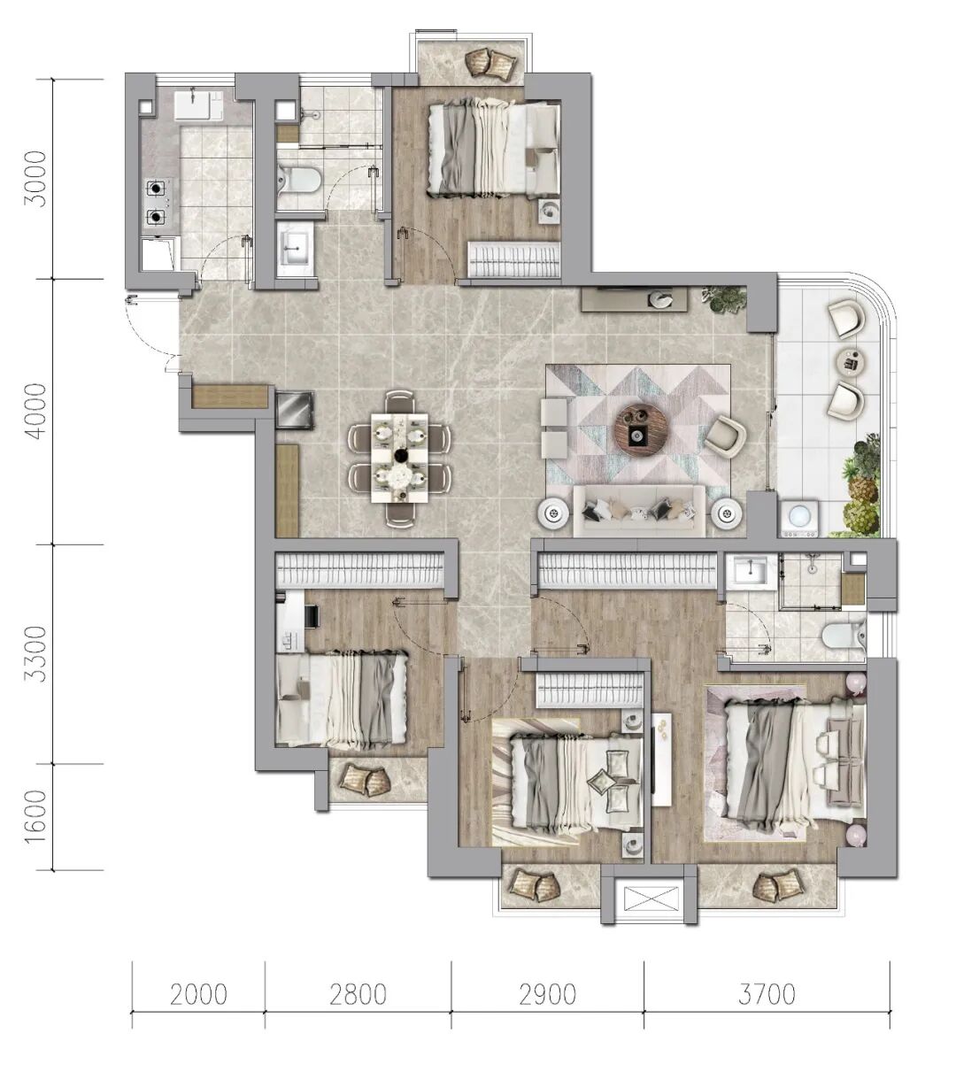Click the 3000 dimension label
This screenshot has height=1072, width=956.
(39, 179)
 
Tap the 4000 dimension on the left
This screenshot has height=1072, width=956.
(39, 411)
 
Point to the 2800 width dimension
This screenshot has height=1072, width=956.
(358, 994)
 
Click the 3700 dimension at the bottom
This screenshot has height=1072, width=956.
(767, 994)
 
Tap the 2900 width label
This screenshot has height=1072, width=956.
(547, 994)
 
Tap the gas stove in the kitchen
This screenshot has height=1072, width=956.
(159, 202)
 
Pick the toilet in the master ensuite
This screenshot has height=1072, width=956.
(844, 635)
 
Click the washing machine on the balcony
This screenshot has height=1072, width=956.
(798, 517)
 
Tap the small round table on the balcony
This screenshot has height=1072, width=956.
(852, 362)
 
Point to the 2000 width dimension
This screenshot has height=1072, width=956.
(198, 994)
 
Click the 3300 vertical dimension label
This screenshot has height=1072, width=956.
(39, 653)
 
